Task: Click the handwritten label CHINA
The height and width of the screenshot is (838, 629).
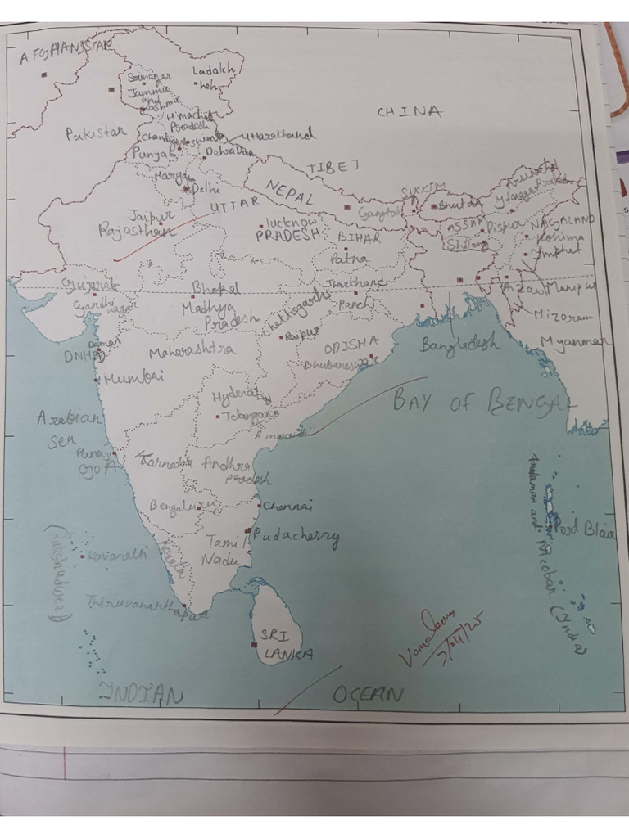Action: [410, 112]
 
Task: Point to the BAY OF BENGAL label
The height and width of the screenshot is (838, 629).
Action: [483, 400]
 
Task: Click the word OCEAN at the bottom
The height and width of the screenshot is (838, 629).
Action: [368, 695]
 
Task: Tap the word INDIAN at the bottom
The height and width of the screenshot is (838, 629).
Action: [141, 695]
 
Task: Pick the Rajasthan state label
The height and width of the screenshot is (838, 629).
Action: [136, 231]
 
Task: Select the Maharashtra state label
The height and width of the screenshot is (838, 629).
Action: [191, 351]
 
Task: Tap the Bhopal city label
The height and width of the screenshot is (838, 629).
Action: [216, 288]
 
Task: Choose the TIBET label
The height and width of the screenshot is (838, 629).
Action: [333, 166]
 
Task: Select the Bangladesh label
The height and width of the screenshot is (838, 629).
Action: [459, 344]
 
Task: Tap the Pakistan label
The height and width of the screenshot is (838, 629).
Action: [97, 133]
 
